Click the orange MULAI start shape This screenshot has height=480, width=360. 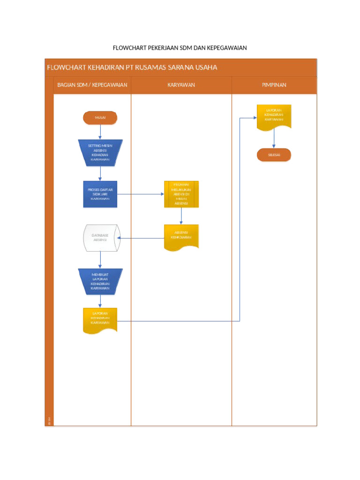pos(100,118)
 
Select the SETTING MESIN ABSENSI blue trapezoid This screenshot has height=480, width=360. pos(100,153)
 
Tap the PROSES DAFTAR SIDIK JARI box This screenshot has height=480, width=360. pos(100,194)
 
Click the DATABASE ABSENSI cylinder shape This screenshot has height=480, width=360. pos(100,238)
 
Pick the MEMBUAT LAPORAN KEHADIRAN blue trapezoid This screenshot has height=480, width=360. pos(100,282)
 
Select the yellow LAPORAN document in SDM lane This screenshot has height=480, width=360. pos(100,320)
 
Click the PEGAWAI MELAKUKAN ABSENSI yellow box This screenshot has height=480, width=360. pos(181,194)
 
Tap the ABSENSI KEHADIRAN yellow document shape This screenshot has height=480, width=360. pos(181,237)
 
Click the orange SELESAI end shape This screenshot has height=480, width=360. pos(274,155)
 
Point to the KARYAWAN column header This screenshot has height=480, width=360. pos(181,85)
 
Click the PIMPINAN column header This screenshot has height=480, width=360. pos(274,85)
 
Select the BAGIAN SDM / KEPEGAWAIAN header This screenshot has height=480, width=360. pos(92,85)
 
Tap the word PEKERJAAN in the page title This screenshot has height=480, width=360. pos(163,48)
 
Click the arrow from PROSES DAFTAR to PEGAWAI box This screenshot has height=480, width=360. pos(140,194)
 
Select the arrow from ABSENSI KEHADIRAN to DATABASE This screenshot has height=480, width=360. pos(141,238)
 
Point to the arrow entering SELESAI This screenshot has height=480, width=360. pos(274,140)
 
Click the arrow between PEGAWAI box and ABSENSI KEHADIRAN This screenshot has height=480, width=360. pos(181,216)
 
